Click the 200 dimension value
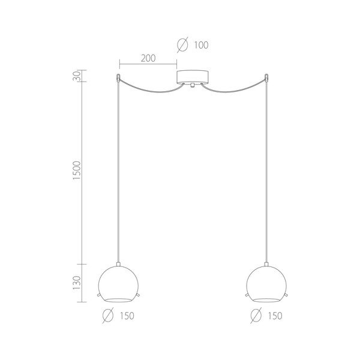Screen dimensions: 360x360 coord(148,58)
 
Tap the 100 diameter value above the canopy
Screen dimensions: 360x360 coord(202,45)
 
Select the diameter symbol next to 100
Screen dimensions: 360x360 coord(182,45)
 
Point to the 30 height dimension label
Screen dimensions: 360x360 coord(77,76)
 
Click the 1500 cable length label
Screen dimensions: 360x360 coord(77,170)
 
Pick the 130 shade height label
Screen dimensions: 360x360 coord(77,283)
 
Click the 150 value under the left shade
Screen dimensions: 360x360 coord(127,316)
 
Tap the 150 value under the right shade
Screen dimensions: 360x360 coord(275,316)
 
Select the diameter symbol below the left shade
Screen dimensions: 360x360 coord(108,316)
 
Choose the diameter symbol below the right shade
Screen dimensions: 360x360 coord(256,316)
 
